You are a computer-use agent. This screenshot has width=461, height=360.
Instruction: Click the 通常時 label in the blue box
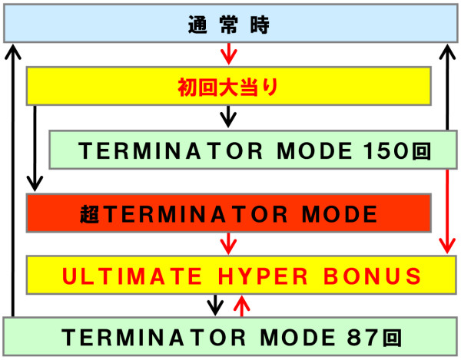pyautogui.click(x=229, y=25)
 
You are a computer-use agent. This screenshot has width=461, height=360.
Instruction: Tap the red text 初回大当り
pyautogui.click(x=228, y=88)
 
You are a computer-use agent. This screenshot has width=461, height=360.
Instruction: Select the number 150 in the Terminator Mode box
pyautogui.click(x=386, y=151)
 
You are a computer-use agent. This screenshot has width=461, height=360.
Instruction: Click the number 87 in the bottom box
pyautogui.click(x=363, y=338)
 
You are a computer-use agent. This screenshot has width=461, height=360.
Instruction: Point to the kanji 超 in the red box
pyautogui.click(x=90, y=214)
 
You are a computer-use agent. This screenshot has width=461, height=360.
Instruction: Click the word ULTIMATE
pyautogui.click(x=132, y=276)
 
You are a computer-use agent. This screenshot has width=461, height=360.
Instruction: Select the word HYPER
pyautogui.click(x=263, y=276)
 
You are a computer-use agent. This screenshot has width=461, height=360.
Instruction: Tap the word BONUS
pyautogui.click(x=372, y=276)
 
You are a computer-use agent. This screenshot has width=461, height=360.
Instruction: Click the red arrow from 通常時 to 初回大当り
pyautogui.click(x=229, y=54)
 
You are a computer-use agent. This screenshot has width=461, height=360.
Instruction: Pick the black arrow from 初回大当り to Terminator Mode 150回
pyautogui.click(x=228, y=116)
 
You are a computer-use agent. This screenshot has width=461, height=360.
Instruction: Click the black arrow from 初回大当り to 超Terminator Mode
pyautogui.click(x=35, y=148)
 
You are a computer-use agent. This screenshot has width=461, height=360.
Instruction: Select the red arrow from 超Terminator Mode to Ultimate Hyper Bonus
pyautogui.click(x=228, y=243)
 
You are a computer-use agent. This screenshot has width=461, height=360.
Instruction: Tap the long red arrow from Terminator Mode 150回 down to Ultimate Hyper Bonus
pyautogui.click(x=447, y=211)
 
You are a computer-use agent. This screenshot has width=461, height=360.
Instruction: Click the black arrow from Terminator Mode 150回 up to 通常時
pyautogui.click(x=447, y=88)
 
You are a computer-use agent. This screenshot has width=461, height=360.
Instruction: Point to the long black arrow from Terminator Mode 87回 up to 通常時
pyautogui.click(x=13, y=180)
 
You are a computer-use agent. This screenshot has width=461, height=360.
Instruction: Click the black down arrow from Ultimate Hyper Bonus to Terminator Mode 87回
pyautogui.click(x=215, y=305)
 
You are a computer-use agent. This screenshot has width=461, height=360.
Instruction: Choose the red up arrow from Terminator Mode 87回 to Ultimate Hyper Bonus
pyautogui.click(x=242, y=306)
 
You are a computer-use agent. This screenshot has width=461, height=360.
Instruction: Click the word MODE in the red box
pyautogui.click(x=340, y=214)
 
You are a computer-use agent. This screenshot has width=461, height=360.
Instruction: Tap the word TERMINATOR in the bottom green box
pyautogui.click(x=154, y=338)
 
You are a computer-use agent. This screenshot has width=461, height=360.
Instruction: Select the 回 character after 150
pyautogui.click(x=421, y=151)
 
